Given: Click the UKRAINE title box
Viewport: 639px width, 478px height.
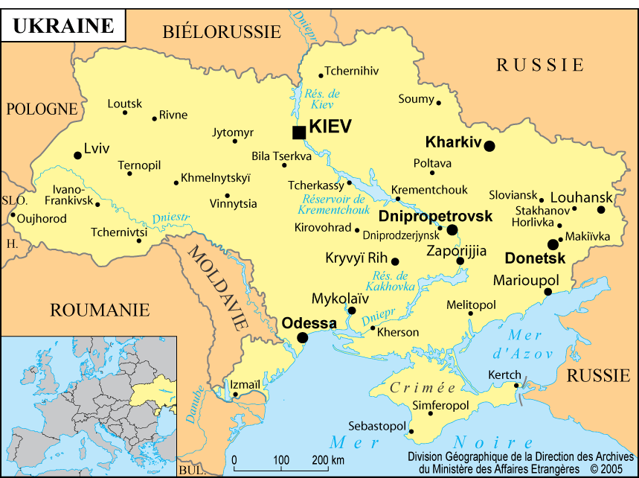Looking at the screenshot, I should (64, 26).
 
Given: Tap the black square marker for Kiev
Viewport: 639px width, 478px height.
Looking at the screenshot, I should (298, 133).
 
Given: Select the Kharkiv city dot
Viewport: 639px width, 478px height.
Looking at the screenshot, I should (489, 146).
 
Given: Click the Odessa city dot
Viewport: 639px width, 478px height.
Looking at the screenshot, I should (302, 338).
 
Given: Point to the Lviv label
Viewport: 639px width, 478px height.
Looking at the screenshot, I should (97, 148).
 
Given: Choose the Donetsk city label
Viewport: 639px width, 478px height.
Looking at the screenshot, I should (535, 258).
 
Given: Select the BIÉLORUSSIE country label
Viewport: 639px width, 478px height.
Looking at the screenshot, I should (222, 31).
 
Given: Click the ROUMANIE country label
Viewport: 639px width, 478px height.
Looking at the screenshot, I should (100, 310).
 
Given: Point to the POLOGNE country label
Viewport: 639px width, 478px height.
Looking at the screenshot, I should (42, 109).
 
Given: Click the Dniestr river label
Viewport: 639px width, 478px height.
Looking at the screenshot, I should (171, 218).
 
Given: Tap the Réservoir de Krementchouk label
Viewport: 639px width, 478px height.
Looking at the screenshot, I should (333, 204).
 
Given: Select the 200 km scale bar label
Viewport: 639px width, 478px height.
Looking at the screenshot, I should (327, 459).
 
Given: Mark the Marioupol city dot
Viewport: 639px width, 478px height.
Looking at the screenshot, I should (548, 292).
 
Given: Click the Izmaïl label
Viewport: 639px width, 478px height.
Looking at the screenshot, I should (245, 384).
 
